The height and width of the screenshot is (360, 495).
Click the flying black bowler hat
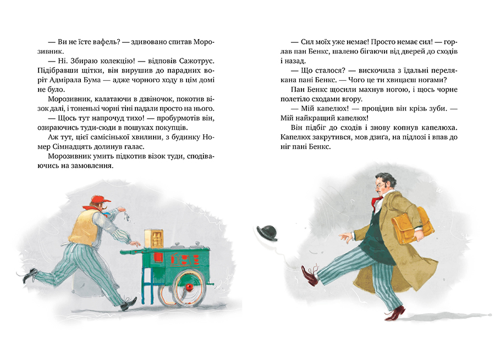(x=267, y=233)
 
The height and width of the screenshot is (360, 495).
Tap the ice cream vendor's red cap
(x=101, y=200)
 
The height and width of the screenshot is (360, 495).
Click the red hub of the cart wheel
(x=189, y=288)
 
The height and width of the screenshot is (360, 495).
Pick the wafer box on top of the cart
(x=154, y=239)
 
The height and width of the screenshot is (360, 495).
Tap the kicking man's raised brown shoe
(x=309, y=275)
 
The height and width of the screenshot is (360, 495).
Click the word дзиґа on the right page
(x=380, y=137)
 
